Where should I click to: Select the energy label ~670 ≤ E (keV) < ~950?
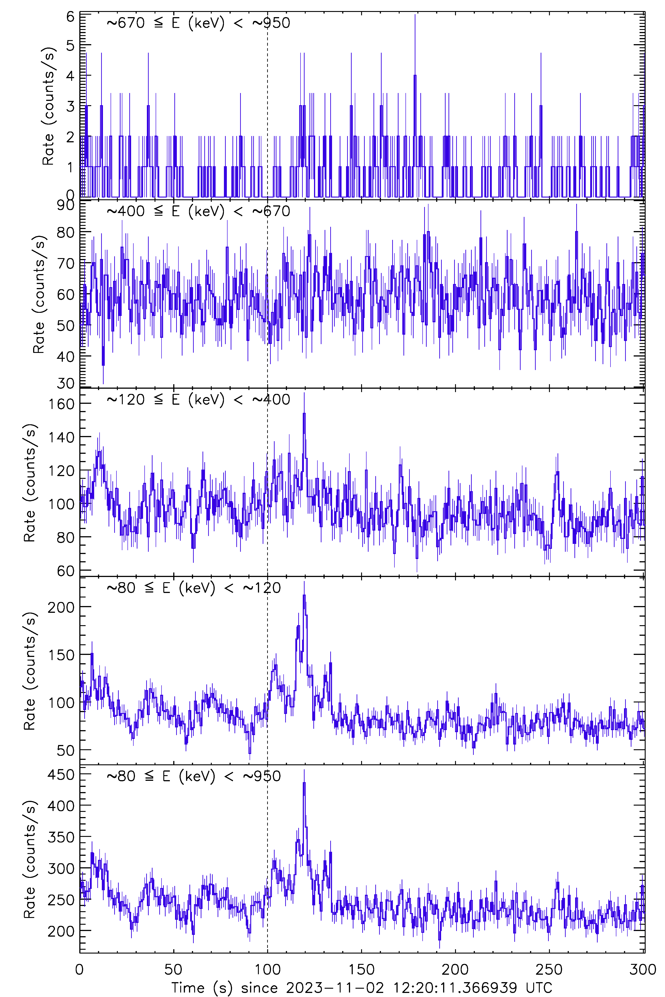click(x=198, y=23)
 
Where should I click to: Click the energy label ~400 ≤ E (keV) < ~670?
click(x=198, y=211)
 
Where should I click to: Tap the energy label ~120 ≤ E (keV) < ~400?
click(x=198, y=399)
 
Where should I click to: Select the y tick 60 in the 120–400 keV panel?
click(x=66, y=571)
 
